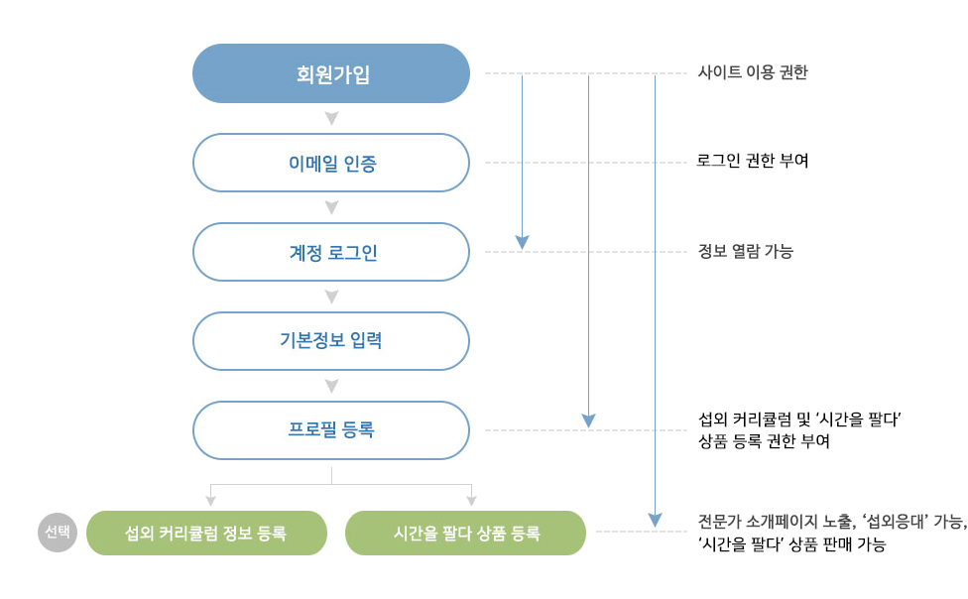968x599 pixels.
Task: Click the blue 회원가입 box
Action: click(331, 73)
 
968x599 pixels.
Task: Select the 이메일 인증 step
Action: click(331, 163)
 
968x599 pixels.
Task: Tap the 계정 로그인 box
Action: click(331, 252)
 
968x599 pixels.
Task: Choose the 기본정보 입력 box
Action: click(331, 341)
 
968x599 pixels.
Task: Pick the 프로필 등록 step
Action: click(331, 430)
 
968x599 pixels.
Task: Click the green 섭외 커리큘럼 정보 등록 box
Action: click(206, 534)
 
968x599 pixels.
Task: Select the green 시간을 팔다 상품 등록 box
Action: click(465, 534)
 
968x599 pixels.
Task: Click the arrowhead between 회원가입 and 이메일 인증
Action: click(331, 119)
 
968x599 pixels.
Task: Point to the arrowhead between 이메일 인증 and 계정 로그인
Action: click(331, 208)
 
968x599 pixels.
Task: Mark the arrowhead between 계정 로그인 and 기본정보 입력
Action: click(331, 298)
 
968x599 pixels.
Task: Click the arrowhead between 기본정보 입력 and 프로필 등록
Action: click(331, 387)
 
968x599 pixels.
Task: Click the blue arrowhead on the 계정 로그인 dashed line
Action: click(523, 243)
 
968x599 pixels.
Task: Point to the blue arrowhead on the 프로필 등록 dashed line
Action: click(588, 421)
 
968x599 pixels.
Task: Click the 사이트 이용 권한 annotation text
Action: click(753, 72)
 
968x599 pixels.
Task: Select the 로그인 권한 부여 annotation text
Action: click(753, 162)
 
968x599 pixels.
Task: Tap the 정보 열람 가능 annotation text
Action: click(745, 251)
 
